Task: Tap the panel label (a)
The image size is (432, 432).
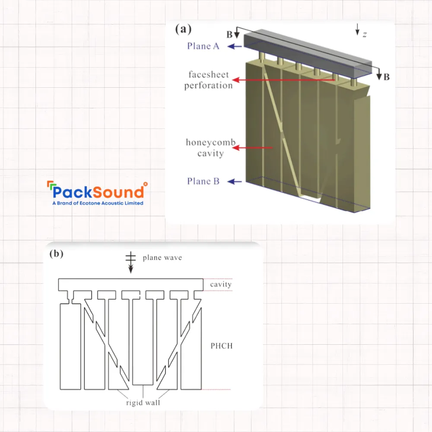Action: tap(183, 29)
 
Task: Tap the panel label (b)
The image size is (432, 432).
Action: tap(56, 254)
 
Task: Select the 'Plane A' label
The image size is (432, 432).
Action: tap(203, 46)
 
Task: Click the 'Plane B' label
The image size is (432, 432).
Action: tap(203, 181)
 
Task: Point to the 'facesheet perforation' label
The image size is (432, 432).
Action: tap(208, 80)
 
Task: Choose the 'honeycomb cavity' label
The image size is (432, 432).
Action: tap(205, 147)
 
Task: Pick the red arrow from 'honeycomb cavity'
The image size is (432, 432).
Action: tap(255, 148)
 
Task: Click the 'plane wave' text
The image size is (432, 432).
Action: tap(162, 258)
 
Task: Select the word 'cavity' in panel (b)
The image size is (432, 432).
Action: tap(221, 284)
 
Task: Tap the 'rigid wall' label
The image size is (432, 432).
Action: tap(143, 403)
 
